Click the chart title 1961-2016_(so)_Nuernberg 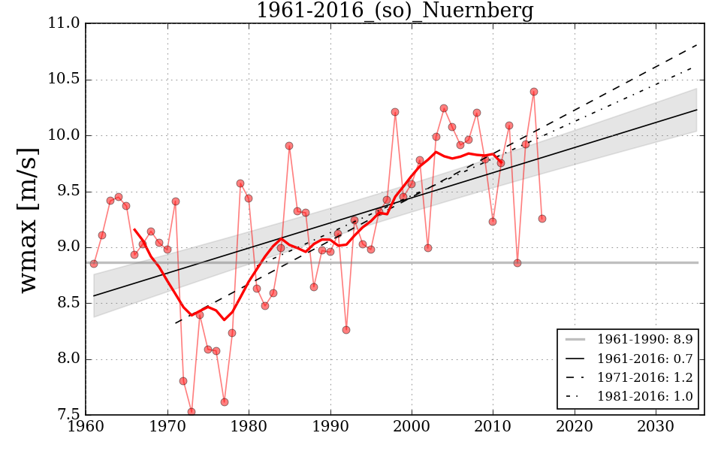(394, 11)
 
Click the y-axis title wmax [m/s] (29, 218)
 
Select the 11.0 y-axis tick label (64, 23)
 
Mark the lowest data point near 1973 (192, 412)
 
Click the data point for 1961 (94, 264)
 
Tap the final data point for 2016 (542, 219)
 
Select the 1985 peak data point (289, 146)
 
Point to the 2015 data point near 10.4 (534, 92)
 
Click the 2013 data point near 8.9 (517, 263)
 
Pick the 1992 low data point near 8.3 (346, 330)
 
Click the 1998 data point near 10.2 (395, 112)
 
